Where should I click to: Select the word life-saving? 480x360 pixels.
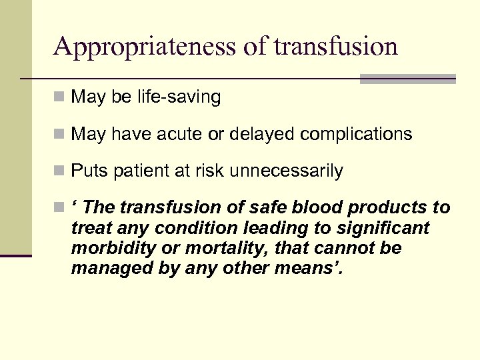[x=181, y=97]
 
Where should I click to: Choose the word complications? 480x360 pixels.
[x=356, y=134]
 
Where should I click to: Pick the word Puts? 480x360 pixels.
[x=85, y=171]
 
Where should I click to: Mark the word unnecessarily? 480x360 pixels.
[x=286, y=171]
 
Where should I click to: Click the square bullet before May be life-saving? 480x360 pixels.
[x=60, y=97]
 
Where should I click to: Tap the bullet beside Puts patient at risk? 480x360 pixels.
[x=60, y=171]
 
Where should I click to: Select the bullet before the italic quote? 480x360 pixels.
[x=60, y=208]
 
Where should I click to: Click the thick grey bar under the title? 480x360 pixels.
[x=407, y=79]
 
